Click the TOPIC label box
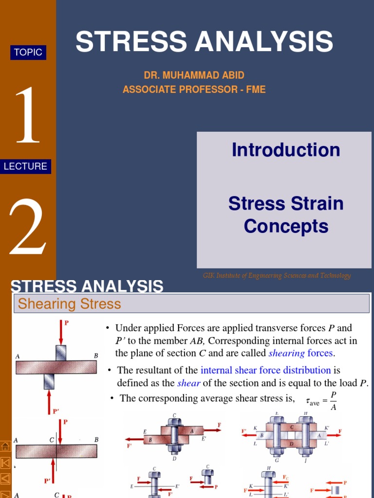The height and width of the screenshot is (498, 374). [28, 53]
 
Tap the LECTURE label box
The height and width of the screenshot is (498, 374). [25, 166]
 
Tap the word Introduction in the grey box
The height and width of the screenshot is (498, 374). [286, 150]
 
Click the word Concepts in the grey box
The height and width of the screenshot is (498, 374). [286, 226]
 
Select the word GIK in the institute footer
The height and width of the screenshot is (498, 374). [208, 276]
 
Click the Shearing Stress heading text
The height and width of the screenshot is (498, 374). [69, 304]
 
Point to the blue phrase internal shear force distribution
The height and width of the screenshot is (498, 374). [265, 370]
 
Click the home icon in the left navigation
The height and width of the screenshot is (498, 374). [6, 446]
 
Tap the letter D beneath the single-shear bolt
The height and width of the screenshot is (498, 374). [175, 458]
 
